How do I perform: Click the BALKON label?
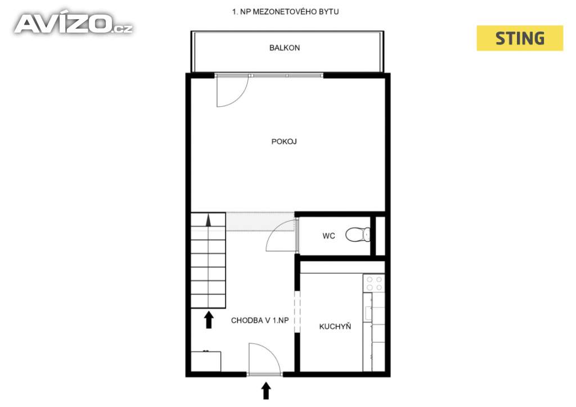pos(284,48)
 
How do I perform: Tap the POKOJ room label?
pos(284,141)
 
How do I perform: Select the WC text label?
pos(328,236)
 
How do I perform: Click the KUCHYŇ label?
pos(335,326)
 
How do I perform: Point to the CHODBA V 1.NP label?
pos(260,320)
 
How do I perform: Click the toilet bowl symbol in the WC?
pos(358,234)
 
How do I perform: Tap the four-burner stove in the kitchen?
pos(374,283)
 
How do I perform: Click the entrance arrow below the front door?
pos(266,391)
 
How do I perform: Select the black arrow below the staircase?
pos(209,320)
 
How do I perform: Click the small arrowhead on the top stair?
pos(209,220)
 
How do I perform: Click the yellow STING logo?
pos(520,38)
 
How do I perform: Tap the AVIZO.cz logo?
pos(74,24)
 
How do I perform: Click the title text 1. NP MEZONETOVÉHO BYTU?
pos(285,12)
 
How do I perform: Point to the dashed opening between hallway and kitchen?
pos(297,311)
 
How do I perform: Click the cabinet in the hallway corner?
pos(206,361)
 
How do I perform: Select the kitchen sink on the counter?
pos(368,313)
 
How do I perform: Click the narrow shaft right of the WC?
pos(380,236)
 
